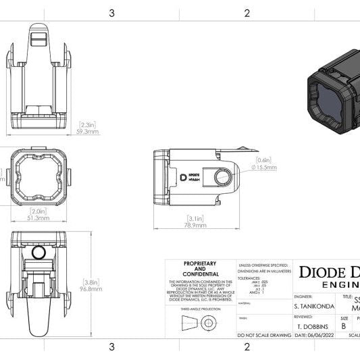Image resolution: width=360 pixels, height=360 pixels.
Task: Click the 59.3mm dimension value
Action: [x=88, y=132]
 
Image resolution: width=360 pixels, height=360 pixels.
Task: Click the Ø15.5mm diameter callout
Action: [x=264, y=165]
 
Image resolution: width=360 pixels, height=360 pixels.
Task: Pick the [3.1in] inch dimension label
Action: [x=197, y=218]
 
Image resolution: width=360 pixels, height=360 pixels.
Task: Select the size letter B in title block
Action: [x=344, y=326]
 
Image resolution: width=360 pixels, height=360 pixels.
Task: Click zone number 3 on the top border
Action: [x=111, y=12]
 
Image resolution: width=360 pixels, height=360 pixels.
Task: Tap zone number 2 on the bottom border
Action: [x=247, y=347]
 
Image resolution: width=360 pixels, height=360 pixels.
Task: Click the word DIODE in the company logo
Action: [x=321, y=272]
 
